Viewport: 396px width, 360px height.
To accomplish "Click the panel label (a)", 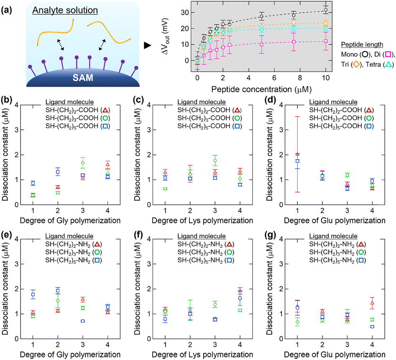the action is pyautogui.click(x=6, y=10).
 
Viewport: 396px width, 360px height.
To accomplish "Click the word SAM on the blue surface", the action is pyautogui.click(x=83, y=77).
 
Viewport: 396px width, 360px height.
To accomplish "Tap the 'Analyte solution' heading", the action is pyautogui.click(x=65, y=10).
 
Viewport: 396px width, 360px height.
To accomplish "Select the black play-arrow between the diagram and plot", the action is pyautogui.click(x=148, y=46).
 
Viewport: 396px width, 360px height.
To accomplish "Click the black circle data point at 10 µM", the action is pyautogui.click(x=326, y=10).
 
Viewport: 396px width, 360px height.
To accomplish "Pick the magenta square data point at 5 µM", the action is pyautogui.click(x=262, y=44).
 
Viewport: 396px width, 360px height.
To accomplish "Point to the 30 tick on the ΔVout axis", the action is pyautogui.click(x=184, y=13).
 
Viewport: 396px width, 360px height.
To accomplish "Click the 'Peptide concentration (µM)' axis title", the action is pyautogui.click(x=261, y=90).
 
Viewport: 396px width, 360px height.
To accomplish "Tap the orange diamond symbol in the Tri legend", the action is pyautogui.click(x=356, y=64).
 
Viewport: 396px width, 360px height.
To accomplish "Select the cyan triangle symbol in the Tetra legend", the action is pyautogui.click(x=388, y=64).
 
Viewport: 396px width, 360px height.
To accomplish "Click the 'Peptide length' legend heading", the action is pyautogui.click(x=362, y=44).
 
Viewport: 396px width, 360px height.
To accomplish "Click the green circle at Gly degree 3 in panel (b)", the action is pyautogui.click(x=83, y=163).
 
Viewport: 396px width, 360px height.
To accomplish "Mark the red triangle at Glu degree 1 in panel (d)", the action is pyautogui.click(x=297, y=154).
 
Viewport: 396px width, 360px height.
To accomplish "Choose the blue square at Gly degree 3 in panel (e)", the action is pyautogui.click(x=82, y=321).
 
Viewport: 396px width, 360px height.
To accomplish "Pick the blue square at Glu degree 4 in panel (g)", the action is pyautogui.click(x=372, y=327).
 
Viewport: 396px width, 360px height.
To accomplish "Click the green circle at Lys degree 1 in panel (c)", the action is pyautogui.click(x=165, y=189).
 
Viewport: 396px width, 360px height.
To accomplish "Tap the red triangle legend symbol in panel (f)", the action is pyautogui.click(x=229, y=244).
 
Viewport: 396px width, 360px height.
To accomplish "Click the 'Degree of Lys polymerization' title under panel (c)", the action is pyautogui.click(x=202, y=221).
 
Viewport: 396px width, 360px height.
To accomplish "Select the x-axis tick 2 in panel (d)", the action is pyautogui.click(x=322, y=211).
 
